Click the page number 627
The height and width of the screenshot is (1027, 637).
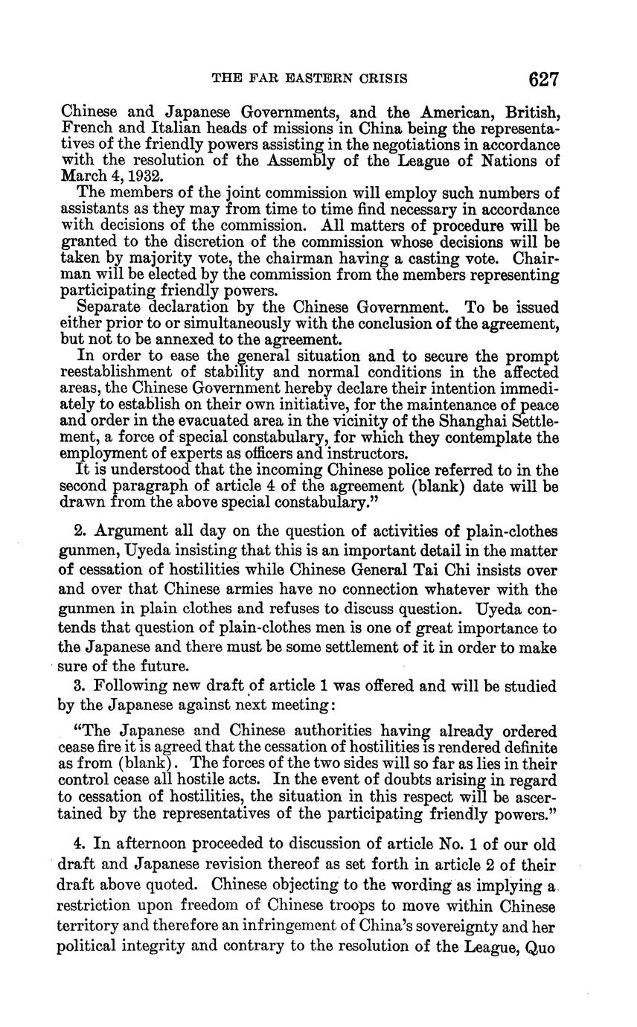[543, 79]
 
